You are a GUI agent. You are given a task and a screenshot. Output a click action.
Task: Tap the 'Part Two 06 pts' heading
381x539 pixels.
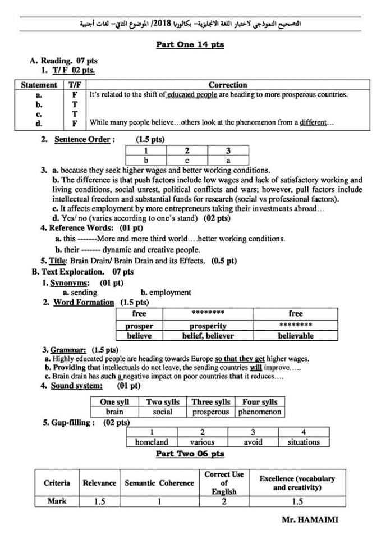click(x=190, y=454)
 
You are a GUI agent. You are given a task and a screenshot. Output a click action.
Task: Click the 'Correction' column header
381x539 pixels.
click(x=228, y=85)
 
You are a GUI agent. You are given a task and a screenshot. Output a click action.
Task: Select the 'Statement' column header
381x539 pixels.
click(x=39, y=85)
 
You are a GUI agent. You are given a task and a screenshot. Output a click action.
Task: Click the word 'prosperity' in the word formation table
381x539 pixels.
click(x=208, y=326)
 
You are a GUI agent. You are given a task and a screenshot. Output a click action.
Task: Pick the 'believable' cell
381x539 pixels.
click(x=296, y=336)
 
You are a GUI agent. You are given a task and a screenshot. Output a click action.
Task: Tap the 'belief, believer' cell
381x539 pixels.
click(x=208, y=336)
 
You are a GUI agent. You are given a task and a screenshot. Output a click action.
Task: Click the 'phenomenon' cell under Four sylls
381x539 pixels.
click(x=259, y=412)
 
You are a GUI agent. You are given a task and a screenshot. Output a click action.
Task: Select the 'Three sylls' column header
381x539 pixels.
click(x=211, y=402)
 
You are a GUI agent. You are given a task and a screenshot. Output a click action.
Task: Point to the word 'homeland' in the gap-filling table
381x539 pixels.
click(x=152, y=442)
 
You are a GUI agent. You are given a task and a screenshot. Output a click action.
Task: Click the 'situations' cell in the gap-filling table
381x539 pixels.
click(x=304, y=442)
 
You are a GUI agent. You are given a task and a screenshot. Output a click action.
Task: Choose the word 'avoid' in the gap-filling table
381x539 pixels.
click(x=253, y=442)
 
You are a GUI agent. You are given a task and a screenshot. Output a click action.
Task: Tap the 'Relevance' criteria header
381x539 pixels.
click(x=99, y=483)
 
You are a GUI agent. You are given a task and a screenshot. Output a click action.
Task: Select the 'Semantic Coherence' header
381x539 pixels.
click(x=159, y=483)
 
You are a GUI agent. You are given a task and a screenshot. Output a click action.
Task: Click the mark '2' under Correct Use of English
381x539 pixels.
click(x=224, y=501)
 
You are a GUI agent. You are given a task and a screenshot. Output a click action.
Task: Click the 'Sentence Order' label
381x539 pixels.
click(x=85, y=139)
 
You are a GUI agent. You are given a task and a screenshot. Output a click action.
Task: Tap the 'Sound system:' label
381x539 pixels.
click(x=77, y=386)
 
